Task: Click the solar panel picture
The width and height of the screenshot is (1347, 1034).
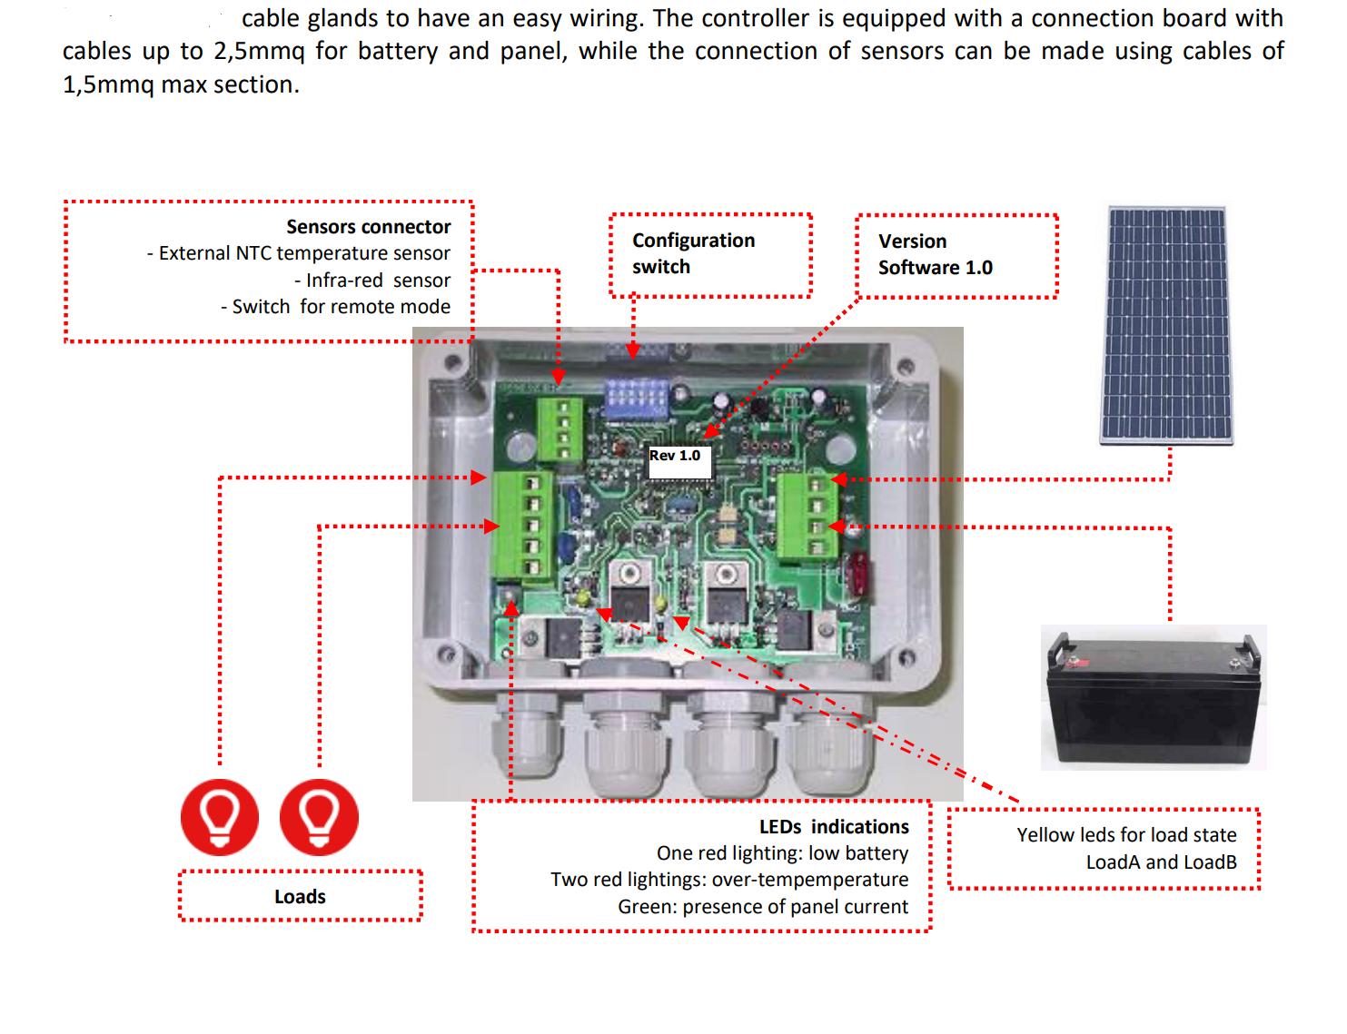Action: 1166,325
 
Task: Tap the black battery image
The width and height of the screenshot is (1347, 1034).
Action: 1153,697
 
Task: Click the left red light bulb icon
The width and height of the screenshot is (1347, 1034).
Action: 220,817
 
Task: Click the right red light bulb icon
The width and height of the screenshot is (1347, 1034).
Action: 319,817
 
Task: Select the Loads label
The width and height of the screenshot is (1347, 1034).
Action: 300,897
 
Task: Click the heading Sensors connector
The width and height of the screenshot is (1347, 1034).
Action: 368,227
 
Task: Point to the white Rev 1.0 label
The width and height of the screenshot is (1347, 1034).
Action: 677,456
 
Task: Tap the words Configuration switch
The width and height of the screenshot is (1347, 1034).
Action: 693,253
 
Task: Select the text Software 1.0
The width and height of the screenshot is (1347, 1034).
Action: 935,268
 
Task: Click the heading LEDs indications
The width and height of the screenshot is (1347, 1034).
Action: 834,827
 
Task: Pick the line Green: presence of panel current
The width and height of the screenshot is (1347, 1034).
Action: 763,907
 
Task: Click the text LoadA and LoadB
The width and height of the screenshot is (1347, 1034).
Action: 1161,862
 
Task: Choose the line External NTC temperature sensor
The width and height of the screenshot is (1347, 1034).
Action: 304,253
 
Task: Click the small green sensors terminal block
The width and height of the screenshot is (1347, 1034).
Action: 560,429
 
